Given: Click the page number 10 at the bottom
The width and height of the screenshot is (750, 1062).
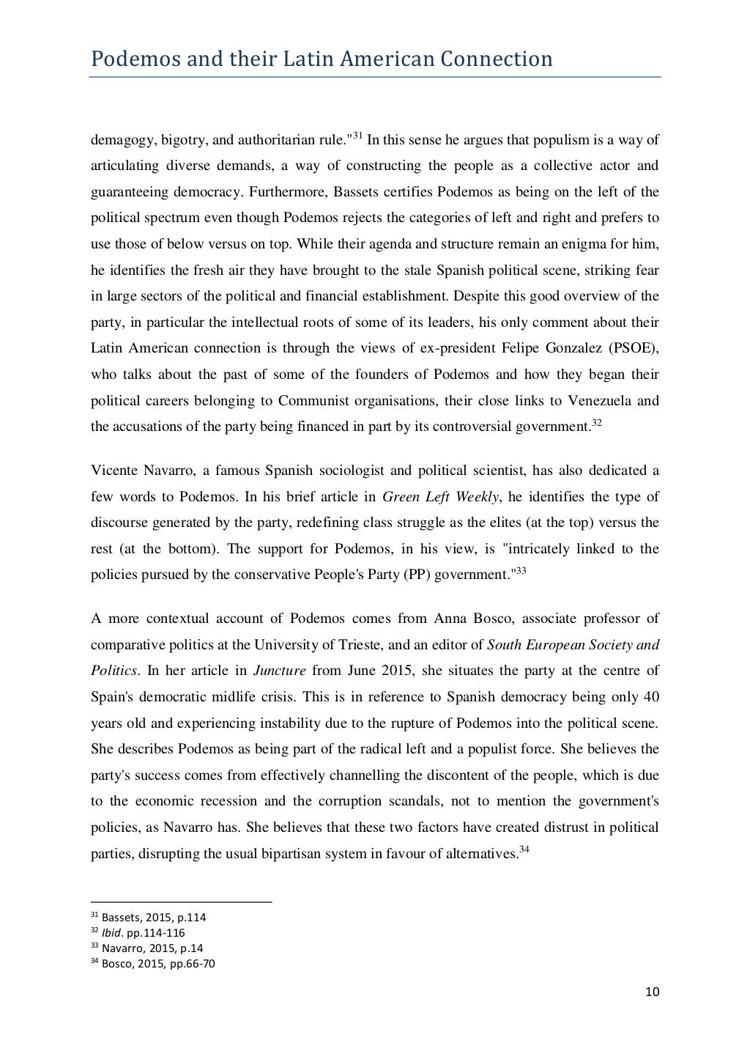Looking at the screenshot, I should pos(653,992).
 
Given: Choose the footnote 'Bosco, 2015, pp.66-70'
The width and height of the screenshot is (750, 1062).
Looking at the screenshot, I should pos(158,964).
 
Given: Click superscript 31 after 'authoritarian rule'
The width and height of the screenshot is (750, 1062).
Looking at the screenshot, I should pos(357,136).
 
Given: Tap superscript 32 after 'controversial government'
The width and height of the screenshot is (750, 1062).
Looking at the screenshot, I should pos(596,422).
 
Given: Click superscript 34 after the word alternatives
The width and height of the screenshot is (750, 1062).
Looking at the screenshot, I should pos(524,849).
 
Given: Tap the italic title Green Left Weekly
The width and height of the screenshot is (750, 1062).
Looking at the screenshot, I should pos(441,497).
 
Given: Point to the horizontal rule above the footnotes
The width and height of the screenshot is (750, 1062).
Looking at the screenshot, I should pos(181,901).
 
